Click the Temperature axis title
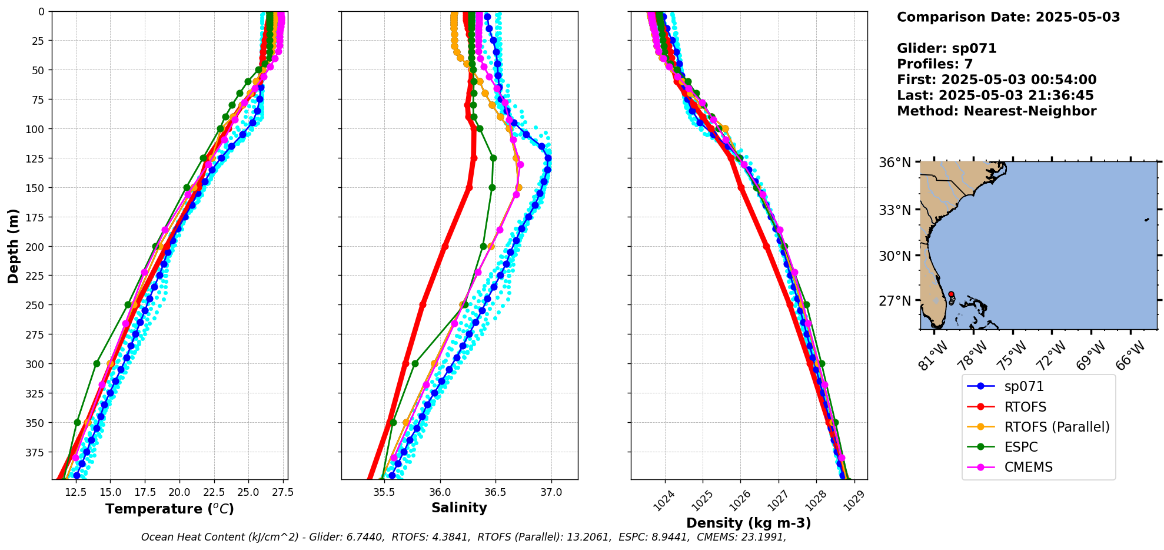click(x=169, y=509)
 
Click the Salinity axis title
click(x=459, y=508)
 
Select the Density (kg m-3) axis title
click(x=749, y=523)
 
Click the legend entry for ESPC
click(x=1021, y=447)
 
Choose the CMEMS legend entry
click(x=1028, y=467)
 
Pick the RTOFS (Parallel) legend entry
click(x=1056, y=427)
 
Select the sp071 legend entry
click(x=1024, y=387)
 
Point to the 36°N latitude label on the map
click(x=894, y=163)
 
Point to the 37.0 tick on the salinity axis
click(x=551, y=492)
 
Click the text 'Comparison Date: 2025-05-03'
click(x=1008, y=17)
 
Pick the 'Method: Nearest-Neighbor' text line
click(x=996, y=111)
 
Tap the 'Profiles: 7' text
click(x=934, y=64)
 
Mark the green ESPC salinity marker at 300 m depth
click(x=415, y=363)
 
